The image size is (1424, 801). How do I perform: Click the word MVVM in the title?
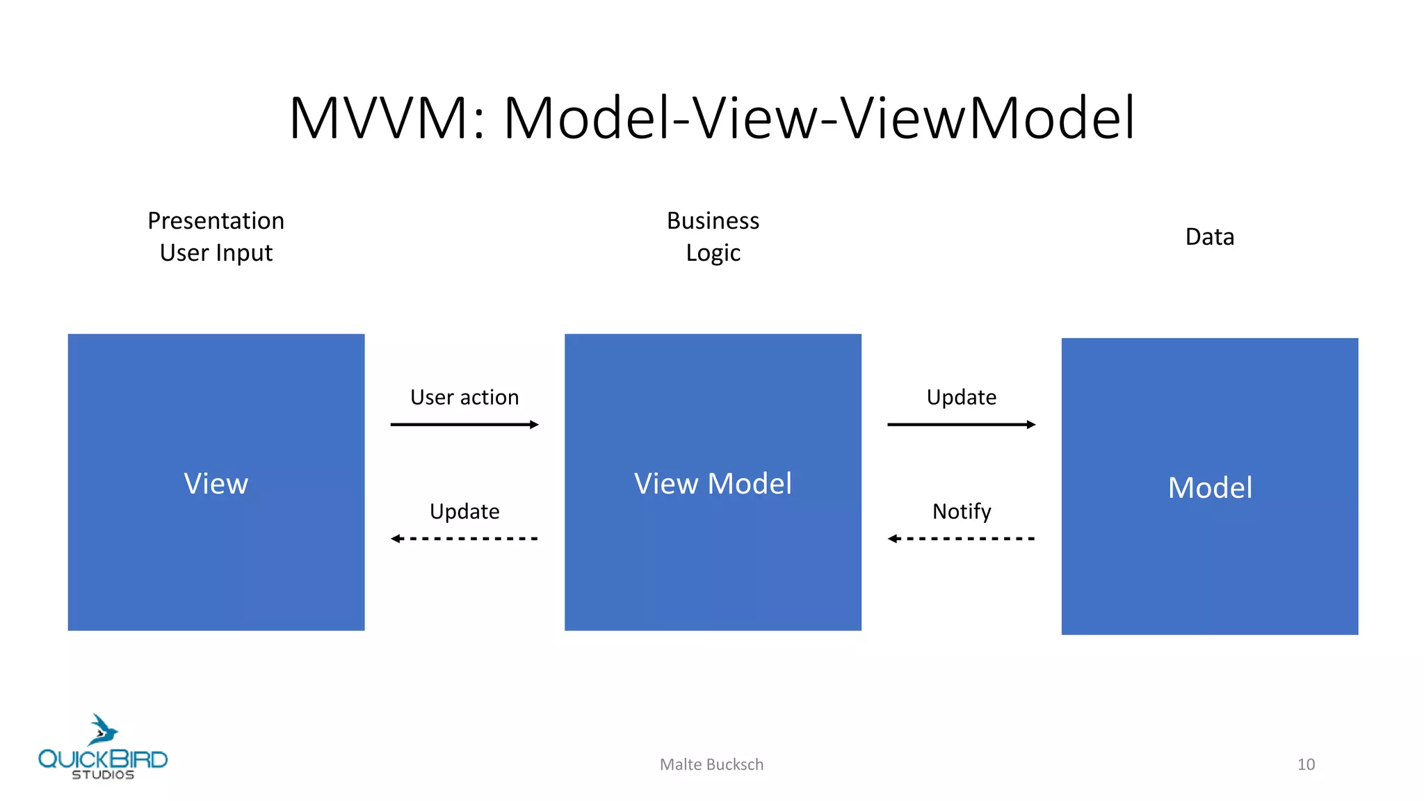[379, 118]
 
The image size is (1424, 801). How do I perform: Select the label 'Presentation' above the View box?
[216, 221]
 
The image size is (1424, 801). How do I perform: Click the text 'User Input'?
[216, 253]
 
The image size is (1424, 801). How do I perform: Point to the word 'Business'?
[713, 221]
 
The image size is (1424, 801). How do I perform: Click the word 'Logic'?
[713, 253]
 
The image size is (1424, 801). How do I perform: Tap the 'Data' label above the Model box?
[1209, 237]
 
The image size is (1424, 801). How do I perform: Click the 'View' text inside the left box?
[216, 484]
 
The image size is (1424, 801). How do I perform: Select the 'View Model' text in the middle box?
[713, 484]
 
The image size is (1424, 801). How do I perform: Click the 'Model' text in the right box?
[1209, 488]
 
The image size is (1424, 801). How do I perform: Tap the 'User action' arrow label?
[464, 397]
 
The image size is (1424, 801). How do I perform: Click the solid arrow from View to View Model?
[464, 424]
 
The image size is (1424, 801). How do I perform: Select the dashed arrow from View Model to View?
[464, 538]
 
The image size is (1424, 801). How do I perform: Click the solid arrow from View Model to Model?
[962, 424]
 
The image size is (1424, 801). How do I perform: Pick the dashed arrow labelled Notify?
[962, 538]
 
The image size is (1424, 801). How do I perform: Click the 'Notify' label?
[962, 512]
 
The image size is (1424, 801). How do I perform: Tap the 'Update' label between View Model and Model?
[962, 397]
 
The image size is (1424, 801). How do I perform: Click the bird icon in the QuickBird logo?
[103, 730]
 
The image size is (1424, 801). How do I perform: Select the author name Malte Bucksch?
[711, 765]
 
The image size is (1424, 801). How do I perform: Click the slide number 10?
[1306, 765]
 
